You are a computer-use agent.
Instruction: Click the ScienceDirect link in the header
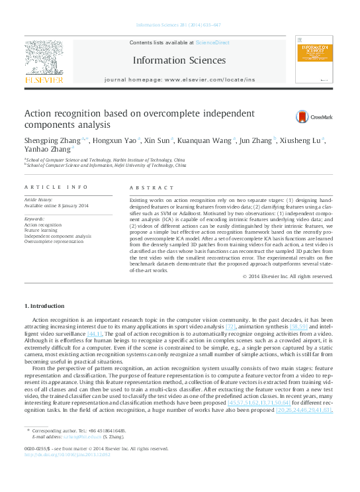pyautogui.click(x=212, y=42)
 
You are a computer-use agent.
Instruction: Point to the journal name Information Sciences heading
pyautogui.click(x=179, y=60)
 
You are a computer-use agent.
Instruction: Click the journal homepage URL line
pyautogui.click(x=179, y=79)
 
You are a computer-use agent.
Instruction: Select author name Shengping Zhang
pyautogui.click(x=52, y=140)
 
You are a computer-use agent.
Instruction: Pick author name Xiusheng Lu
pyautogui.click(x=298, y=140)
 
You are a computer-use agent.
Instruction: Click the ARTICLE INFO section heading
pyautogui.click(x=56, y=187)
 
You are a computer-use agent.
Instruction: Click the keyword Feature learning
pyautogui.click(x=42, y=230)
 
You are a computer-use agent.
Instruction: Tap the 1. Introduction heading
pyautogui.click(x=44, y=305)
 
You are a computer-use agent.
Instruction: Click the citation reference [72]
pyautogui.click(x=231, y=327)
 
